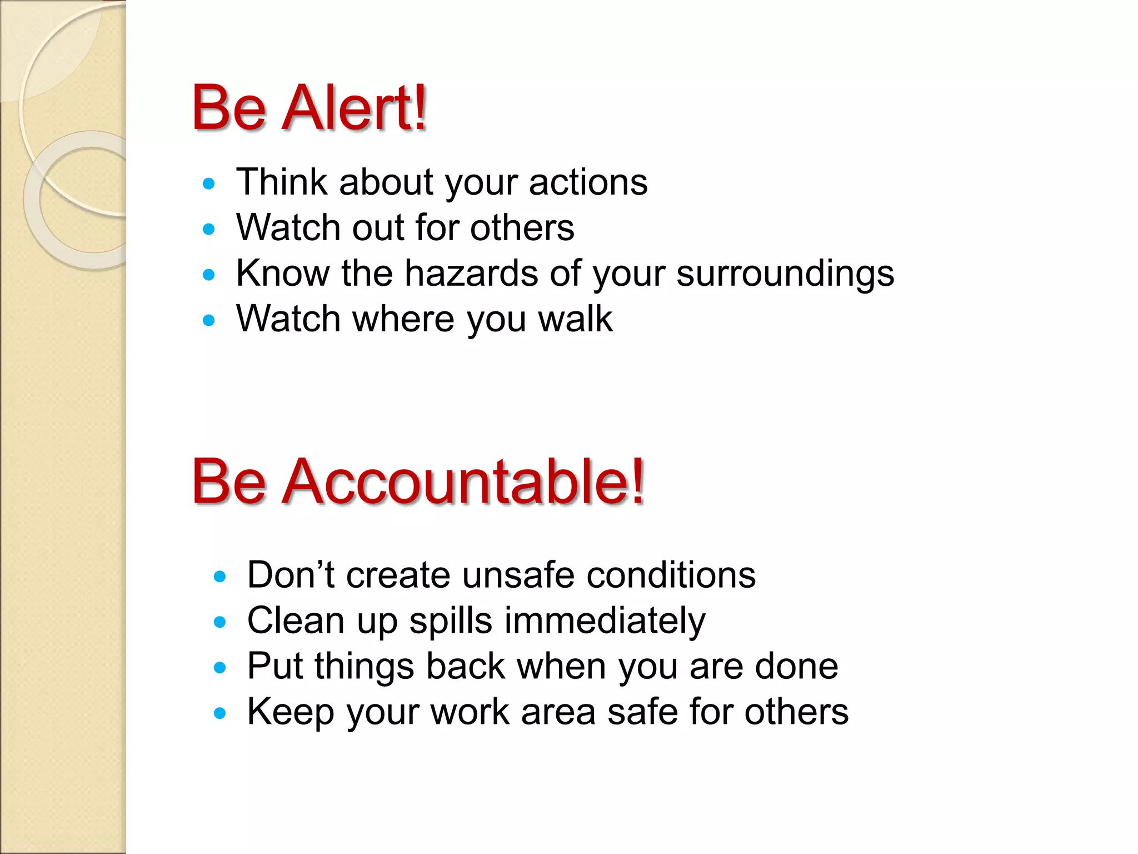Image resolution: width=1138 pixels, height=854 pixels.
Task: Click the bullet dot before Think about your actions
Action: pyautogui.click(x=209, y=183)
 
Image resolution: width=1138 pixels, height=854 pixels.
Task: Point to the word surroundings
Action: pyautogui.click(x=785, y=275)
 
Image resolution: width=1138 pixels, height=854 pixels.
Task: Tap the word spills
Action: pyautogui.click(x=451, y=622)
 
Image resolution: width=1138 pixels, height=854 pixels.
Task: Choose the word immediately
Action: pyautogui.click(x=605, y=620)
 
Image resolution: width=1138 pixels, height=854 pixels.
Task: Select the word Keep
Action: pyautogui.click(x=290, y=712)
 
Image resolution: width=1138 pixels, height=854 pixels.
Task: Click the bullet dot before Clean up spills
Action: pyautogui.click(x=220, y=622)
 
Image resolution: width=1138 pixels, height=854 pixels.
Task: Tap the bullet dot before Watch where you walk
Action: pyautogui.click(x=209, y=320)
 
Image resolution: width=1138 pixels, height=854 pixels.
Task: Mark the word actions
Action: pyautogui.click(x=588, y=182)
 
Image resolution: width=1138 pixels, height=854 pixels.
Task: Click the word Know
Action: pyautogui.click(x=283, y=274)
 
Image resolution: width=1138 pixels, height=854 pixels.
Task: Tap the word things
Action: pyautogui.click(x=364, y=667)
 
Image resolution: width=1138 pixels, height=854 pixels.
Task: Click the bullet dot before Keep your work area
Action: pyautogui.click(x=220, y=713)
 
